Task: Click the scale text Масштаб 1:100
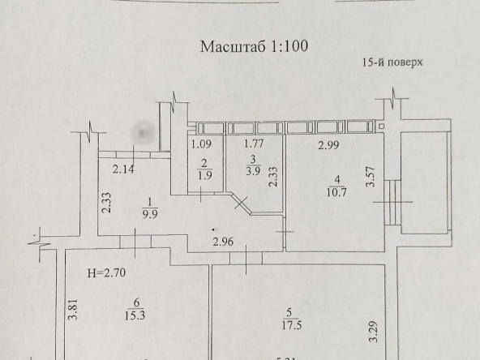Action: [x=254, y=46]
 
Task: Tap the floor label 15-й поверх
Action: [x=392, y=62]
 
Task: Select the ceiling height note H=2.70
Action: [x=106, y=272]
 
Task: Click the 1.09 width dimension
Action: [x=201, y=144]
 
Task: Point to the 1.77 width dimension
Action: [x=254, y=144]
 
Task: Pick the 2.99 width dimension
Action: [x=328, y=145]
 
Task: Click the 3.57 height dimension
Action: [x=371, y=176]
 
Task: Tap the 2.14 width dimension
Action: [x=123, y=169]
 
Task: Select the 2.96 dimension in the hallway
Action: [x=223, y=242]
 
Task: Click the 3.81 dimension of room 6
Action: [x=73, y=309]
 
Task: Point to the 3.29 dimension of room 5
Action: [x=373, y=332]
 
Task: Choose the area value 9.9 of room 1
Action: [x=150, y=214]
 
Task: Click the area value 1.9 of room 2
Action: [x=205, y=175]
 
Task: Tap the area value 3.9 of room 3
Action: [x=253, y=171]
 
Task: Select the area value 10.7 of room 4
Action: [x=336, y=192]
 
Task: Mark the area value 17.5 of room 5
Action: [x=292, y=325]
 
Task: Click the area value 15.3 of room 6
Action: [x=135, y=315]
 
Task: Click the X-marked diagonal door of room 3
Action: [x=242, y=203]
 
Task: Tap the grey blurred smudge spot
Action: [x=143, y=133]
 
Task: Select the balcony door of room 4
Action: [x=392, y=202]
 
